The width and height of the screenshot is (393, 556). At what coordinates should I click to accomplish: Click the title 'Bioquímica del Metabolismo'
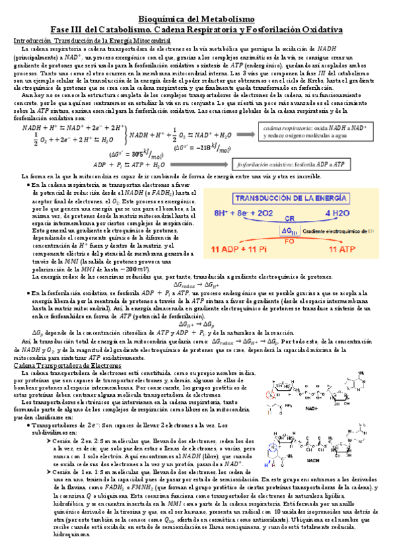tap(196, 20)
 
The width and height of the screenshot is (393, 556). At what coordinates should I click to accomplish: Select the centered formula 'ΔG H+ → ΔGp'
tap(196, 325)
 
